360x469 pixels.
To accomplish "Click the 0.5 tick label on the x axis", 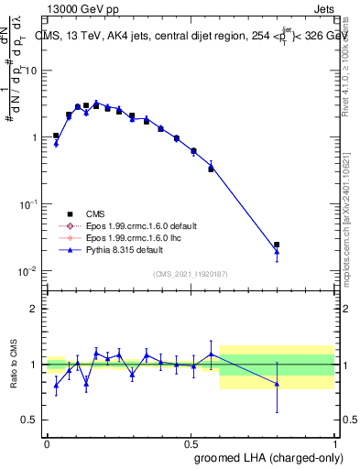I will (191, 442).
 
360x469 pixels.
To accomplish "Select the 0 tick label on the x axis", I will (47, 442).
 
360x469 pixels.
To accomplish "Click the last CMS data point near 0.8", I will (277, 245).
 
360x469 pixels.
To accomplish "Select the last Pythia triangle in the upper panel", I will (277, 252).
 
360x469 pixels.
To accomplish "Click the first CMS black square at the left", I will (56, 136).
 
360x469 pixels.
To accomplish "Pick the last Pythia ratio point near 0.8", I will (277, 384).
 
